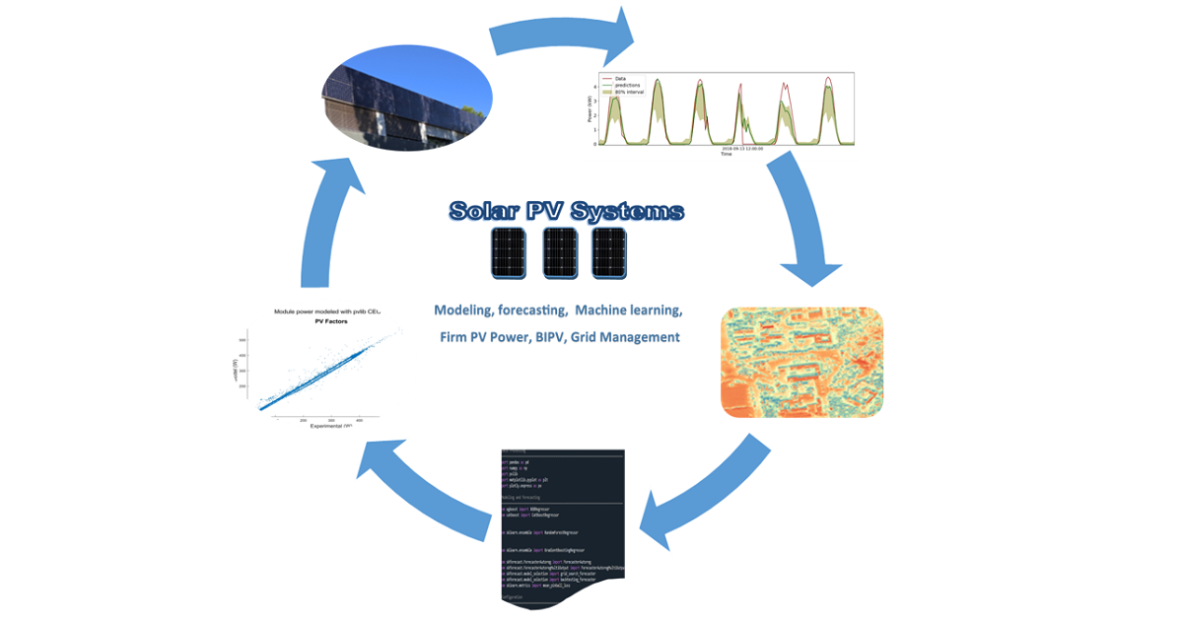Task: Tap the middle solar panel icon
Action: pyautogui.click(x=559, y=253)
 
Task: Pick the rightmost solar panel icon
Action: pyautogui.click(x=609, y=253)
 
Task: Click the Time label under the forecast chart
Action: pyautogui.click(x=726, y=154)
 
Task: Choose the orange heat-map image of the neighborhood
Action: pyautogui.click(x=801, y=361)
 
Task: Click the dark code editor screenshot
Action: pyautogui.click(x=562, y=527)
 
